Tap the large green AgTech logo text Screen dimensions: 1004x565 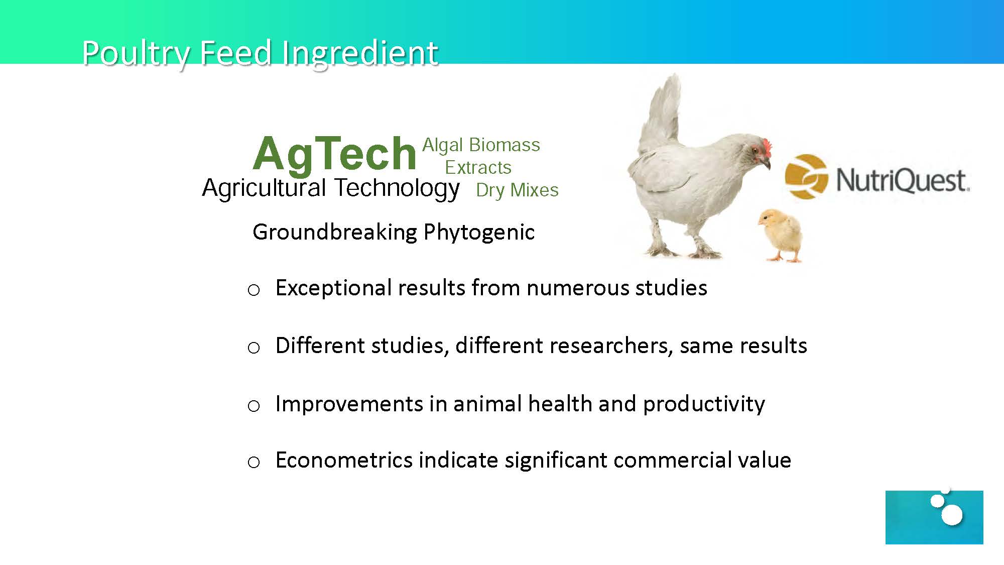(334, 154)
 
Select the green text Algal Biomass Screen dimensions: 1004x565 (481, 146)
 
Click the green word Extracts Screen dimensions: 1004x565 (478, 167)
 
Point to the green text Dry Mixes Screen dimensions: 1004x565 (517, 190)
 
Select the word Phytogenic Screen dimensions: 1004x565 (479, 233)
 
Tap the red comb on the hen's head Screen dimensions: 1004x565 (766, 147)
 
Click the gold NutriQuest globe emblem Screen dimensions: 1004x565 (806, 176)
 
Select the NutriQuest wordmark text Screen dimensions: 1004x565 (902, 180)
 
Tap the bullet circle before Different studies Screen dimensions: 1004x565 (254, 348)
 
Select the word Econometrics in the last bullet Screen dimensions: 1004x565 (344, 461)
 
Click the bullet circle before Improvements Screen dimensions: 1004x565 (254, 406)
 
